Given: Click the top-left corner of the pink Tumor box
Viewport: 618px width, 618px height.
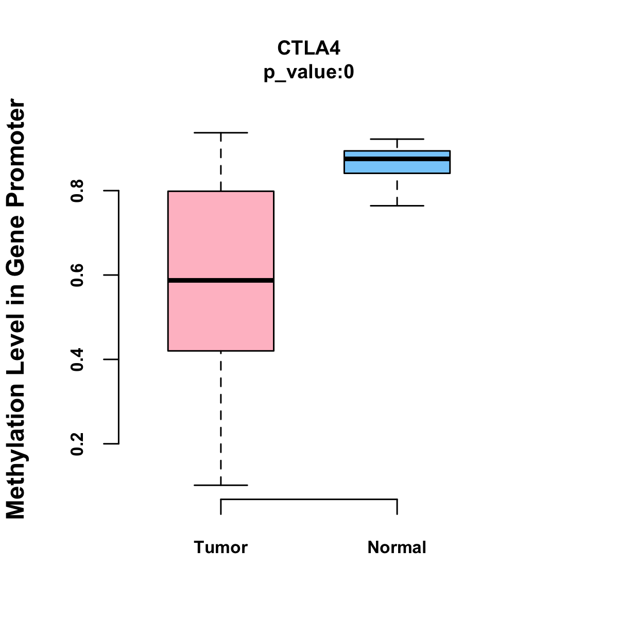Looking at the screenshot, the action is point(168,191).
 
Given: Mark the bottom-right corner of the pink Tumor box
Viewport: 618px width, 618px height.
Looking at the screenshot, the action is point(274,351).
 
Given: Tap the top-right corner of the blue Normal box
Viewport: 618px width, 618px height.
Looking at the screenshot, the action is point(450,150).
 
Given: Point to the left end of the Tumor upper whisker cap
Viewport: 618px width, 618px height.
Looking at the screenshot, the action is point(194,132).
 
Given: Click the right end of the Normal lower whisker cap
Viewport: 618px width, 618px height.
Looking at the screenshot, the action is point(424,205).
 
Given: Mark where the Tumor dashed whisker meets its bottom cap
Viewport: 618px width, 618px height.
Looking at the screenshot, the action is point(220,485).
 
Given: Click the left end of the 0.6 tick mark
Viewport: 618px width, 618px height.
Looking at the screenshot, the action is point(104,275).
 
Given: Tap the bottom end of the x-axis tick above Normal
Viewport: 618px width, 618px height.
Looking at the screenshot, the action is point(397,514).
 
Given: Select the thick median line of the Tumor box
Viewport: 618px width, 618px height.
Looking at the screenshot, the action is point(221,281).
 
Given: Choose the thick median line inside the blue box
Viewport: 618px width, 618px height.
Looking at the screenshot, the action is point(397,159).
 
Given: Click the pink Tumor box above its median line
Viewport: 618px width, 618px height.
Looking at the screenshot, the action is point(221,235).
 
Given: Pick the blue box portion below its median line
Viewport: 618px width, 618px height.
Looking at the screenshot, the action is point(397,167).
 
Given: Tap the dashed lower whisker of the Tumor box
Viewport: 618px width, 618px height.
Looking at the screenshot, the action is point(220,418).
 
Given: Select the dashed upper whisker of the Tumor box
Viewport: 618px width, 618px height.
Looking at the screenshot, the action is point(220,162).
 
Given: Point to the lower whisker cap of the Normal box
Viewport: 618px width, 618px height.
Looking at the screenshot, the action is point(397,205).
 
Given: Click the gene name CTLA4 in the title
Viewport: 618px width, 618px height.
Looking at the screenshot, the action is point(308,48).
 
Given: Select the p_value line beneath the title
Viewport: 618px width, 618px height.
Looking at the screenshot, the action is point(308,73).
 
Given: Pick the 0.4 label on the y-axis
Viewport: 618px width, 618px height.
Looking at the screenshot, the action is point(77,360).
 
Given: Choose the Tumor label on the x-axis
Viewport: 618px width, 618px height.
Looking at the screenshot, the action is point(220,547).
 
